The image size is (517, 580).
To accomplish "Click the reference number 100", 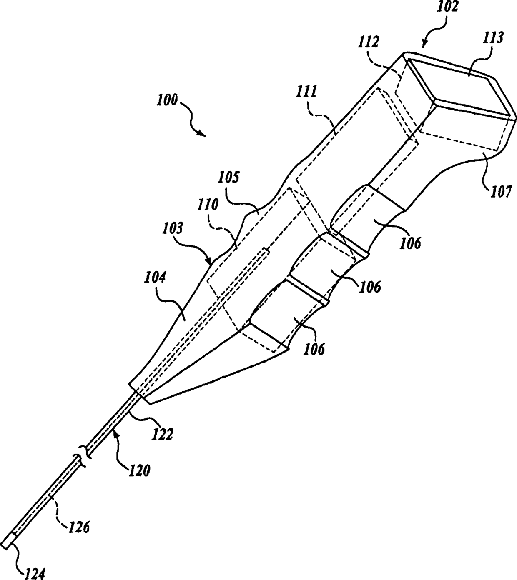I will coord(167,101).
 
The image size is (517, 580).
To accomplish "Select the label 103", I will coord(173,228).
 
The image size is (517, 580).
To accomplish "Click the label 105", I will coord(229,178).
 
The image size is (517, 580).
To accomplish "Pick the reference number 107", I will coord(500,191).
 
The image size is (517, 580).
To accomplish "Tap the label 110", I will coord(208,205).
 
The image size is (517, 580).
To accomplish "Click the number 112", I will coord(369,42).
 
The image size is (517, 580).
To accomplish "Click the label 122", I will coord(162,435).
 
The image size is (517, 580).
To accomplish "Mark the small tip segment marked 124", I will coord(8,540).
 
